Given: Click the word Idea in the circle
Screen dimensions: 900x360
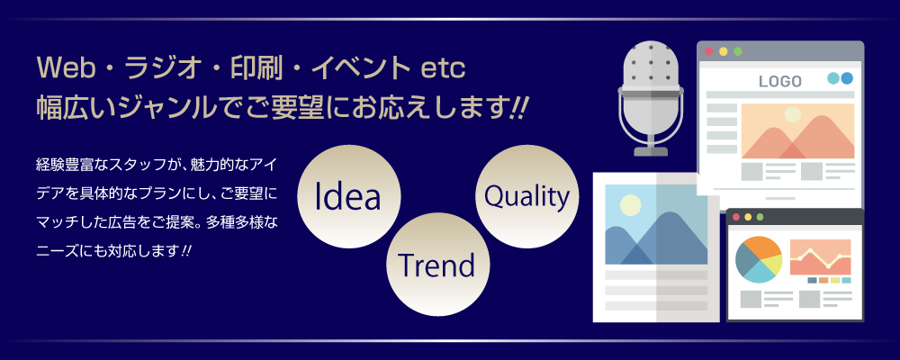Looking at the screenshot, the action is tap(347, 196).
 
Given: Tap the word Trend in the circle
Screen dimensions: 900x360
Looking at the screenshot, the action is tap(436, 265).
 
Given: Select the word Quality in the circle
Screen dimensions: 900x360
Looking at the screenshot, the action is tap(526, 196).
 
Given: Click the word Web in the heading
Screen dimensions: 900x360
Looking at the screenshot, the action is tap(62, 70).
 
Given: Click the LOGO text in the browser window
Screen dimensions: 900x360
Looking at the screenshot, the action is tap(780, 82).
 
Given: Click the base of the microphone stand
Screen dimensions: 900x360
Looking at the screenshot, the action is tap(651, 151).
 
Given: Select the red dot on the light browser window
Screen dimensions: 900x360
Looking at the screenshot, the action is tap(709, 51).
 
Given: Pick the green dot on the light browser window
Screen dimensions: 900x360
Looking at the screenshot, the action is tap(738, 51).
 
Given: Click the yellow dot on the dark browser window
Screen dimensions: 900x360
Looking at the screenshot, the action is tap(748, 217).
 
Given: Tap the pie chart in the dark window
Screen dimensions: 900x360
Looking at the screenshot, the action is tap(758, 259).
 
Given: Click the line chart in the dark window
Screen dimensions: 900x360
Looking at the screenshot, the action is tap(820, 257).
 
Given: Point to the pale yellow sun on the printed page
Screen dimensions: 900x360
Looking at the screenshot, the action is tap(630, 205).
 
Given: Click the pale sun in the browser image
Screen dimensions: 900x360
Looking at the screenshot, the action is tap(792, 114).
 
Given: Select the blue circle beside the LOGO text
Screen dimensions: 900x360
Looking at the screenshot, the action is tap(847, 78).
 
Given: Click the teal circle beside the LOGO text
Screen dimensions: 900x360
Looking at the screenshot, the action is tap(833, 78).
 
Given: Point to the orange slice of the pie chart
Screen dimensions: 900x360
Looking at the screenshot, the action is tap(764, 246).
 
